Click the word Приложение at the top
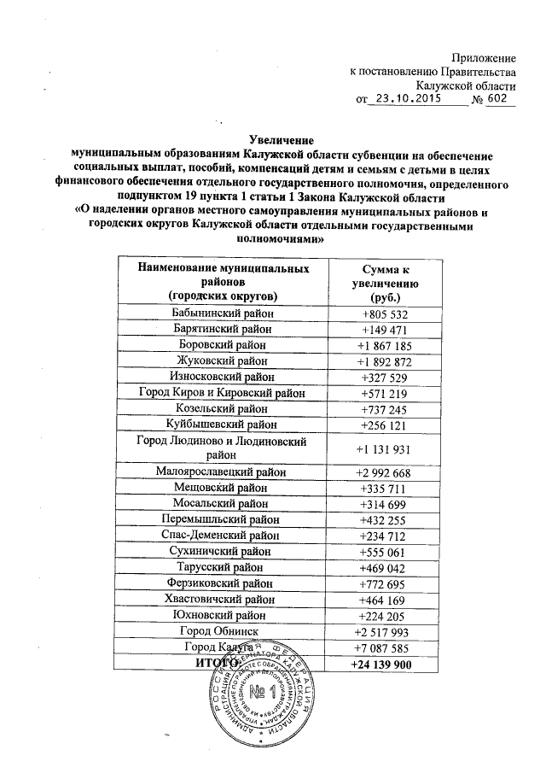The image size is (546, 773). click(482, 57)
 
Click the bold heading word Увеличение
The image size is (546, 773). click(282, 139)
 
